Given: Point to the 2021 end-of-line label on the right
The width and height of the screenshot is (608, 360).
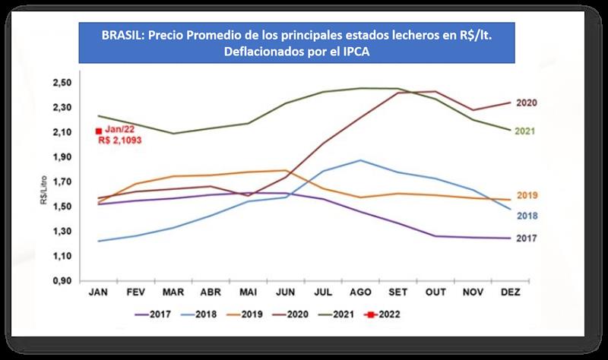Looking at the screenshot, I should (x=525, y=131).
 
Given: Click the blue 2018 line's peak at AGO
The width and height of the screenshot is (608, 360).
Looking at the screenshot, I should (x=359, y=160).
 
